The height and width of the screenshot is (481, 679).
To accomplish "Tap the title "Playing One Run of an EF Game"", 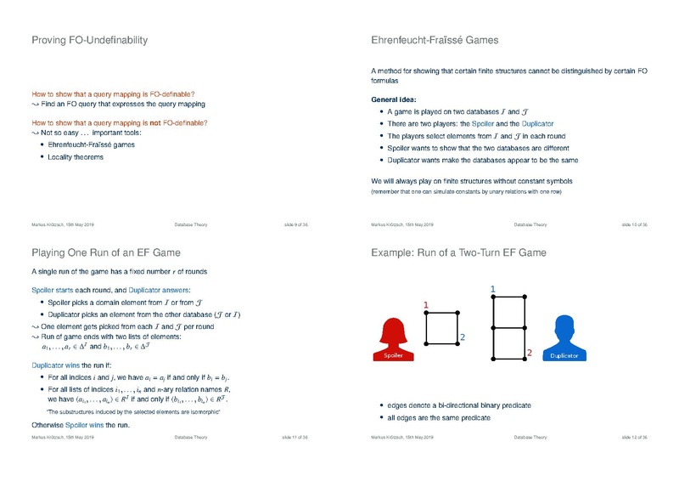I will pyautogui.click(x=105, y=252).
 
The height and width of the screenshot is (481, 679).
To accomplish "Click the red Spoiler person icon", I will pyautogui.click(x=393, y=338).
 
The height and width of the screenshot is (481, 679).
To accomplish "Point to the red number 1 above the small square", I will pyautogui.click(x=426, y=304).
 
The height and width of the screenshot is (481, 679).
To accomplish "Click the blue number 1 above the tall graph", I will pyautogui.click(x=493, y=290).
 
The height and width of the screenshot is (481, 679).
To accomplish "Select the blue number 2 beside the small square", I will pyautogui.click(x=463, y=337).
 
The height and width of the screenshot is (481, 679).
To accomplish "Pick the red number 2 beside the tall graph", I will pyautogui.click(x=529, y=352).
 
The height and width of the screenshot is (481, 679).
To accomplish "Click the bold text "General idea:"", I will pyautogui.click(x=394, y=99).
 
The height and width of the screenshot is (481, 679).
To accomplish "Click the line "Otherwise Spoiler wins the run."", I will pyautogui.click(x=80, y=424).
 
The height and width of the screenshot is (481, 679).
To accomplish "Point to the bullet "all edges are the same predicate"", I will pyautogui.click(x=441, y=418).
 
